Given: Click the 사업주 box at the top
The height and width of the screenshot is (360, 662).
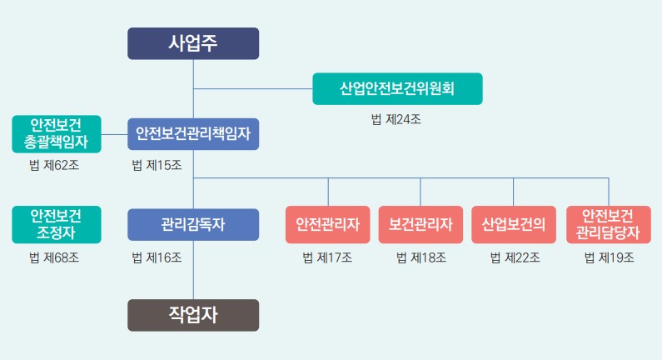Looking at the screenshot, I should coord(193,43).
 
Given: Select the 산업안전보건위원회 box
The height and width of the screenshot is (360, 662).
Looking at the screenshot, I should coord(397,88).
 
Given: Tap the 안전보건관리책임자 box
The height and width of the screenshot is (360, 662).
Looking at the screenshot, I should coord(193,133).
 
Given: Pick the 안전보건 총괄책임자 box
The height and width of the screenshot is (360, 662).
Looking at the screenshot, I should coord(57,133).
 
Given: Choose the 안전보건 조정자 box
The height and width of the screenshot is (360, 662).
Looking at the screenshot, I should coord(57,224).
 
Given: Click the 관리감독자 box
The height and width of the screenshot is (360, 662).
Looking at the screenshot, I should coord(193,224).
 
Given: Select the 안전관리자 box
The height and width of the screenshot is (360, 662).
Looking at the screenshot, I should coord(327,224).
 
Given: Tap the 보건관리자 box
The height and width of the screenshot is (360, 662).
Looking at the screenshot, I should coord(421,224).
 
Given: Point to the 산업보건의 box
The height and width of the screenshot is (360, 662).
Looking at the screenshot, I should coord(513,224).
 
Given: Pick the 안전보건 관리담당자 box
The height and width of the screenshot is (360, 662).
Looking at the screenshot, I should coord(608,224).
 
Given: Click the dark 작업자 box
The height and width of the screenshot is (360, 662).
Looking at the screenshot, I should coord(193,315).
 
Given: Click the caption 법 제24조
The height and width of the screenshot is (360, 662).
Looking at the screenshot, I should coord(396,119).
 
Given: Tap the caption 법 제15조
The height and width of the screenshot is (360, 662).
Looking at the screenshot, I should coord(157,165).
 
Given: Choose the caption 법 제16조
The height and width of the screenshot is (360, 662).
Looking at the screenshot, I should coord(157,257).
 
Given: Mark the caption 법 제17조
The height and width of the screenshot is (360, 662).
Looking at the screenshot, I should coord(327,257).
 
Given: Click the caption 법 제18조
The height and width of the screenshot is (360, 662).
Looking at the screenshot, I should coord(421,257).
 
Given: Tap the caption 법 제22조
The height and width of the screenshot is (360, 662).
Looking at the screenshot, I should coord(515,257).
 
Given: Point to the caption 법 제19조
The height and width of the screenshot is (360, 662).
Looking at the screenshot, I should coord(609,257).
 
